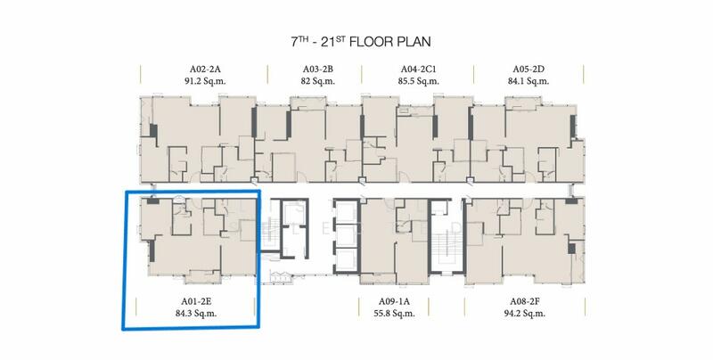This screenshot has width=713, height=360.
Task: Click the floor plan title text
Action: (x=361, y=42)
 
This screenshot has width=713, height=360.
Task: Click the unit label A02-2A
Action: (x=205, y=70)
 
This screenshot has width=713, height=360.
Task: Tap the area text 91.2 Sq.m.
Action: (x=205, y=81)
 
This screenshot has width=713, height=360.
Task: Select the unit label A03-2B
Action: (x=318, y=70)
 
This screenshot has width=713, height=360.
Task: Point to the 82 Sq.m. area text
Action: (x=318, y=81)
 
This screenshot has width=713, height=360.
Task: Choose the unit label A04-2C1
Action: (x=418, y=70)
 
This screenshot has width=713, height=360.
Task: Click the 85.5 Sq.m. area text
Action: (x=418, y=81)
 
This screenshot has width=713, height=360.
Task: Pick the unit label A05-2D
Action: (x=529, y=70)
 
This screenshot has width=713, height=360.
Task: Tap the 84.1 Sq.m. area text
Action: (x=529, y=81)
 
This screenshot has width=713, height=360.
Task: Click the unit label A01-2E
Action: (x=196, y=301)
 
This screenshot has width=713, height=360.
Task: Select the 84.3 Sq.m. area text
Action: (x=196, y=313)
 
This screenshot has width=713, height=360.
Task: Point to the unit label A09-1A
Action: (x=394, y=301)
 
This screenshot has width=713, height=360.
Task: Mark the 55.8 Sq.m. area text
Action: (x=394, y=313)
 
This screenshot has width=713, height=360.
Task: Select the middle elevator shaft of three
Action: (x=347, y=235)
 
